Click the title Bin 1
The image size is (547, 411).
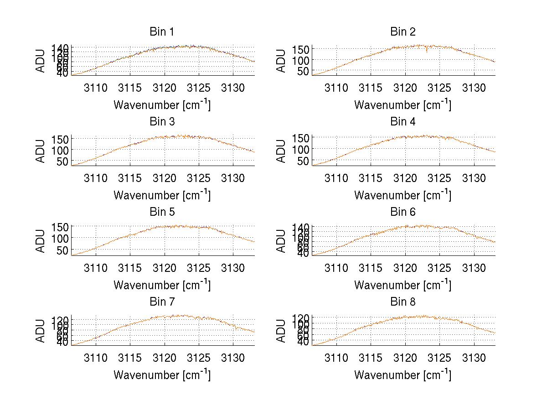click(162, 32)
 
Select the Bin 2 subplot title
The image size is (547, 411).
click(403, 32)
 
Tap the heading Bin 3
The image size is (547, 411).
click(162, 122)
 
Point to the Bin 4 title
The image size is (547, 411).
click(403, 122)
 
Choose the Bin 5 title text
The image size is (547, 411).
click(162, 212)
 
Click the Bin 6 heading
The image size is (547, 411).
click(403, 212)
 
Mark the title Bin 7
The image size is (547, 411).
click(162, 302)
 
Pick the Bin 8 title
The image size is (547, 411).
click(403, 302)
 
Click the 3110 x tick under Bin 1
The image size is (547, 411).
click(96, 88)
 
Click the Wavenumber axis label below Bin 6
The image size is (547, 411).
click(403, 285)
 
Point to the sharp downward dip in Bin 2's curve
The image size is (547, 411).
click(427, 52)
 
